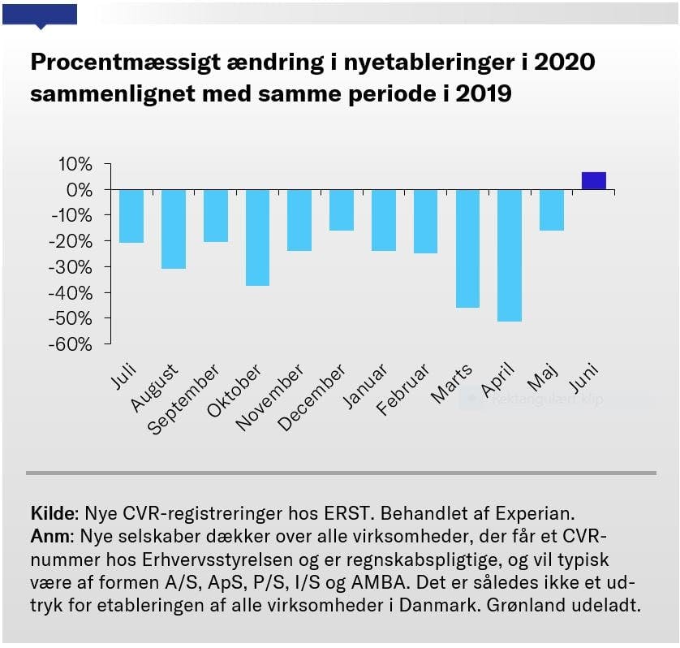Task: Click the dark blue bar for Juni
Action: coord(594,181)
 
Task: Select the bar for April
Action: coord(510,255)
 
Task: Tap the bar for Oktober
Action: coord(257,237)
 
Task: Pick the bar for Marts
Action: coord(467,248)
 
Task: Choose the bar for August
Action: coord(174,229)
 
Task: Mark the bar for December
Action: coord(342,210)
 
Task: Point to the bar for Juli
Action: coord(131,216)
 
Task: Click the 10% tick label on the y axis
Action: coord(75,164)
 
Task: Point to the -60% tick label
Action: coord(71,343)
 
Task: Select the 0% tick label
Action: coord(80,190)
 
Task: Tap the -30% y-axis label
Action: coord(71,266)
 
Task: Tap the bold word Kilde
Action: coord(53,513)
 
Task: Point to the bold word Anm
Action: coord(49,537)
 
